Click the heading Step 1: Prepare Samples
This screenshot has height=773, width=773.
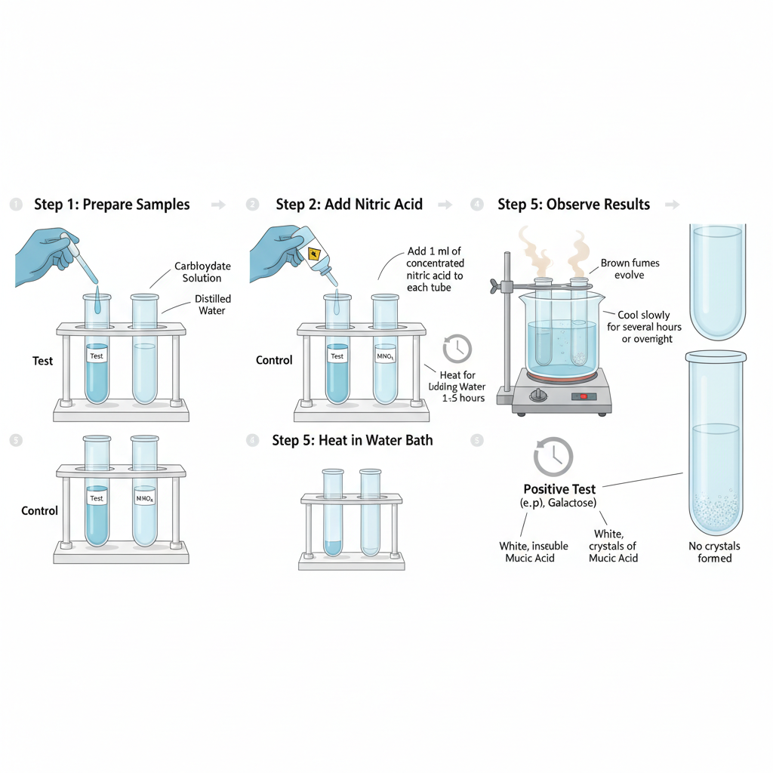click(x=112, y=205)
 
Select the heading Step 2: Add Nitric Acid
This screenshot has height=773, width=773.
click(x=349, y=205)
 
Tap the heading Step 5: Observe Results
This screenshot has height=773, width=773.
click(x=574, y=205)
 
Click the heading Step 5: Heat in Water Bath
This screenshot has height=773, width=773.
click(x=353, y=440)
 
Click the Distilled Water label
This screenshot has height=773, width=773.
click(x=212, y=305)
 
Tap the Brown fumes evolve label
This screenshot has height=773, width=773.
click(x=630, y=269)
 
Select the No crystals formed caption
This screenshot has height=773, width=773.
click(x=714, y=552)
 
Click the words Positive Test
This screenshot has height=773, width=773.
click(x=559, y=489)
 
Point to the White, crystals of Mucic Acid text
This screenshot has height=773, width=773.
click(x=613, y=546)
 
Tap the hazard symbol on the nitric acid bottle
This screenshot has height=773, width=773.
click(x=314, y=254)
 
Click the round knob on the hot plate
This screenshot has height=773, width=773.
click(x=537, y=396)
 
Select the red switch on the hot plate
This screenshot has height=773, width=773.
click(x=582, y=396)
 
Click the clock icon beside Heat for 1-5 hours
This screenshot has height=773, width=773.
click(x=457, y=349)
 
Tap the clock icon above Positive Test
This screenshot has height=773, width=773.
click(x=553, y=456)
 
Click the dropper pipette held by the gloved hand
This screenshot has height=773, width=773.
click(x=80, y=257)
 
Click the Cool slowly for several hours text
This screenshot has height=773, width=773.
click(x=644, y=327)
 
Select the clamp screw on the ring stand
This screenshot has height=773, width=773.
click(x=494, y=286)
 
